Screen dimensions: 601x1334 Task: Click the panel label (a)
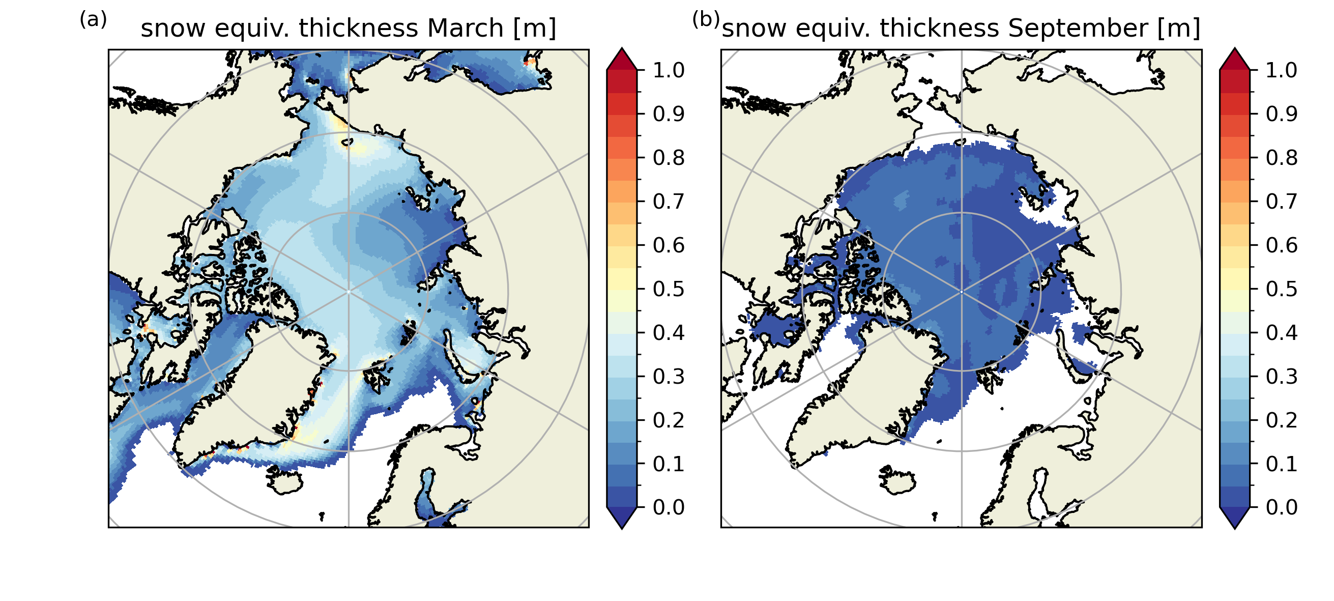93,20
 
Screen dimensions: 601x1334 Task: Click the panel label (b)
706,20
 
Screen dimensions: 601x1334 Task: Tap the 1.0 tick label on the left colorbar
669,70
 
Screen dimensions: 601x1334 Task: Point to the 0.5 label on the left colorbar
669,289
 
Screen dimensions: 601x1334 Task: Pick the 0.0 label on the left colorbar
669,507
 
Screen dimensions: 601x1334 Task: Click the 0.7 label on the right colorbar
1282,201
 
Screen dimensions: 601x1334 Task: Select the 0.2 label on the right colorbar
1282,420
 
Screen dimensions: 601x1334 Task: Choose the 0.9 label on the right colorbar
1282,114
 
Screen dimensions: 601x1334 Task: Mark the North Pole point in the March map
349,292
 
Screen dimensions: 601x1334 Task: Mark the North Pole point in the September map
962,292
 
